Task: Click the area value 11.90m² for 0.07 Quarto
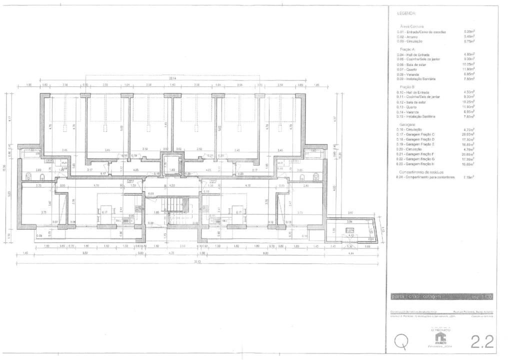[x=468, y=69]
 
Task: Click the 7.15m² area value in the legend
[x=468, y=176]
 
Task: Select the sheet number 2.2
[x=482, y=341]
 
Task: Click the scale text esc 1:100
[x=475, y=296]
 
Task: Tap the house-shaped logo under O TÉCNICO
[x=440, y=337]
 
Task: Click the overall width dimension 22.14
[x=172, y=78]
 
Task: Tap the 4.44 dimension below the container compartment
[x=350, y=253]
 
